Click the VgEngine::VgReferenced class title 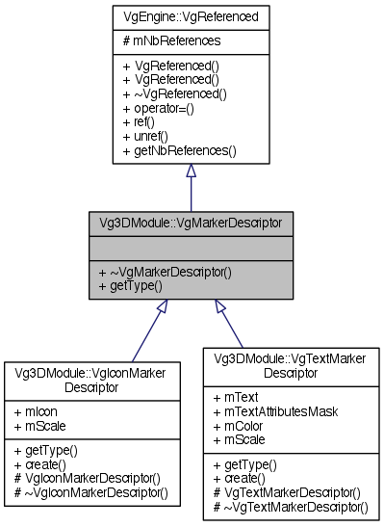click(191, 17)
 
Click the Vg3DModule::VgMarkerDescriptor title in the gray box click(191, 223)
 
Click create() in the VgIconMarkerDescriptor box click(38, 463)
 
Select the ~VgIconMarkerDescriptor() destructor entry click(91, 492)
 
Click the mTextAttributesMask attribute click(270, 410)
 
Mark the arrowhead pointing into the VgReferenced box click(191, 171)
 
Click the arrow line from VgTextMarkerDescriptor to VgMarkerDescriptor click(231, 326)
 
